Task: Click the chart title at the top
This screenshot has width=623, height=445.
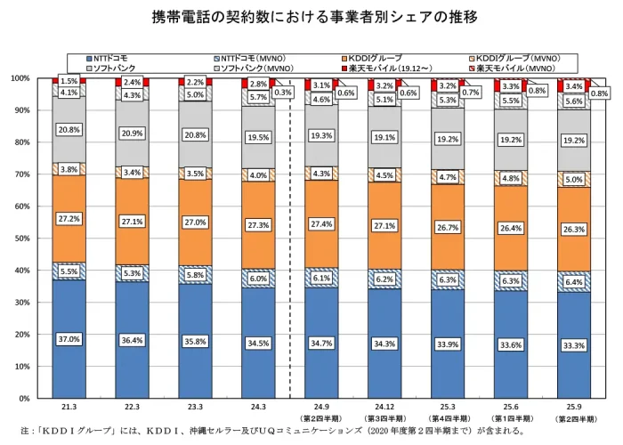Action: click(x=311, y=17)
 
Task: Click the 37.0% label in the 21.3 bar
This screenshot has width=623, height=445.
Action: click(x=69, y=339)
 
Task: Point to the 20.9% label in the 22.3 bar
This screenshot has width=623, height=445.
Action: click(x=133, y=133)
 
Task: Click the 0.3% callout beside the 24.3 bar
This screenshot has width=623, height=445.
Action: click(x=284, y=92)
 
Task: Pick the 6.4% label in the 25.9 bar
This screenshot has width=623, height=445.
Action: click(x=574, y=282)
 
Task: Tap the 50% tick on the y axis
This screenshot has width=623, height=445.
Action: click(x=20, y=239)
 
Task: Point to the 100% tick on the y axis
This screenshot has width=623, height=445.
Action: click(x=19, y=78)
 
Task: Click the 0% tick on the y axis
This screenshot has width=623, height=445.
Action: click(x=24, y=399)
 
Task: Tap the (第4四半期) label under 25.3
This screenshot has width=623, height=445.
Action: click(x=448, y=418)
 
